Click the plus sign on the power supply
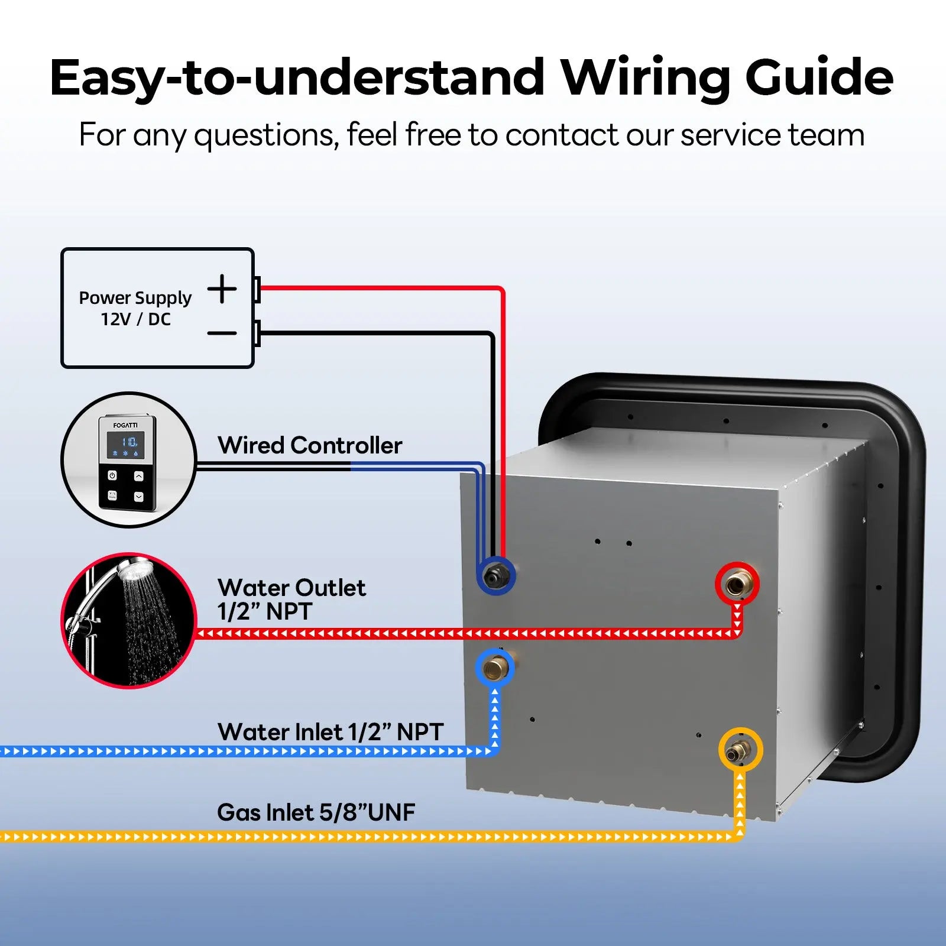point(222,289)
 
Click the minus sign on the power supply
point(222,333)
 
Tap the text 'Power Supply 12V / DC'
point(135,308)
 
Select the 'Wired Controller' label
point(310,445)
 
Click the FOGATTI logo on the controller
point(125,425)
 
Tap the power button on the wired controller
point(112,475)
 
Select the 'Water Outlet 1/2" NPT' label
point(291,600)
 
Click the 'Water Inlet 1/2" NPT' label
point(330,732)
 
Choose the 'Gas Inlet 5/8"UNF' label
point(316,812)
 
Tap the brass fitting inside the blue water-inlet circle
point(495,668)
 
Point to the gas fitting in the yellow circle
point(740,750)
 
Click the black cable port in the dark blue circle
point(495,575)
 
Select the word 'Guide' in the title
point(819,77)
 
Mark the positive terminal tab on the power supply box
point(257,289)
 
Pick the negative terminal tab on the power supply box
point(257,333)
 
